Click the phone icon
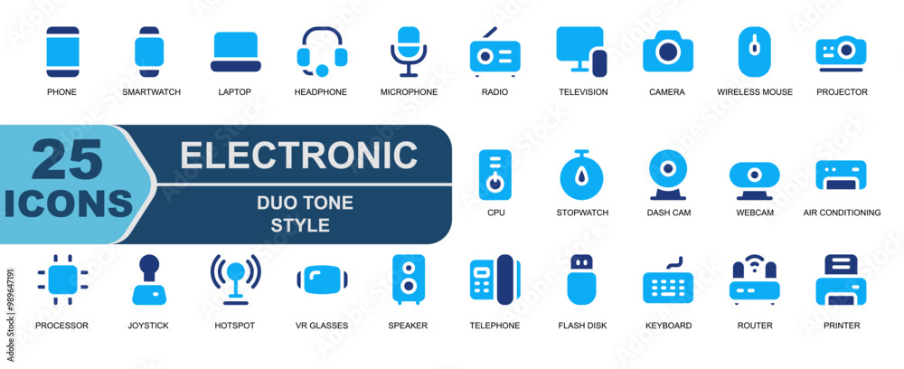[x=62, y=52]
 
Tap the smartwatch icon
[x=149, y=52]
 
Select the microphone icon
[x=409, y=52]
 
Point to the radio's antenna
[x=490, y=33]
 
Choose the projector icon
[x=841, y=54]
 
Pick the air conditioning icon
[x=841, y=175]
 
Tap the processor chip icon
[x=62, y=279]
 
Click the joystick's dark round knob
[x=149, y=265]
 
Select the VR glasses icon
[x=323, y=279]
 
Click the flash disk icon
[x=581, y=279]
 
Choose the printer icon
[x=841, y=279]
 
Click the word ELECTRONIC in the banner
[x=298, y=154]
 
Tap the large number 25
[x=67, y=160]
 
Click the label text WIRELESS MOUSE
[x=755, y=91]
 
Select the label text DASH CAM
[x=669, y=213]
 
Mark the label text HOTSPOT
[x=235, y=326]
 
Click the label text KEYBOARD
[x=668, y=326]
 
